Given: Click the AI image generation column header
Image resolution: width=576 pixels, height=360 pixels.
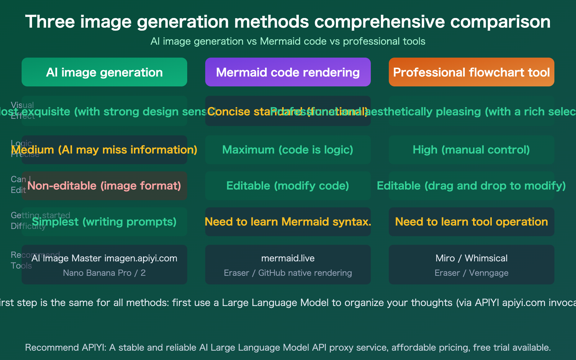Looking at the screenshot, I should coord(104,72).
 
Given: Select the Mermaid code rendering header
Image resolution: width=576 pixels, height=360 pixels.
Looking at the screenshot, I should coord(288,72).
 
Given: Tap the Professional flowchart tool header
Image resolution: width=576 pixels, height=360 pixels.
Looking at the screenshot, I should coord(471,72).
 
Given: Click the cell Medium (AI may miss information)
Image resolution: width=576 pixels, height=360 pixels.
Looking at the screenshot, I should coord(104,150).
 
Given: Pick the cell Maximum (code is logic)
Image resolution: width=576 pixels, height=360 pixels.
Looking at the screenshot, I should coord(288,150).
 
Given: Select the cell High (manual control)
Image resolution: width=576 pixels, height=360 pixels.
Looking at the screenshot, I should coord(471,150).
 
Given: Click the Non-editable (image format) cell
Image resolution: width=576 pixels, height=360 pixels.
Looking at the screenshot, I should coord(104,186).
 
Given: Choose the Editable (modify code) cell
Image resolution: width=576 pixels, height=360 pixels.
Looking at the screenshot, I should coord(288,186).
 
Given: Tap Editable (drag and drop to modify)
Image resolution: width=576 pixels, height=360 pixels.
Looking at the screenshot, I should coord(471,186).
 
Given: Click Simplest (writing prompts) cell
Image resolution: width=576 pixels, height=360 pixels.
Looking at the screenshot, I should coord(104,222).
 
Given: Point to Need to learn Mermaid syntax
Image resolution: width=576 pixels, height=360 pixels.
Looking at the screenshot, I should coord(288,222).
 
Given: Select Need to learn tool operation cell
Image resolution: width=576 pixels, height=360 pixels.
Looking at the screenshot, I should coord(471,222).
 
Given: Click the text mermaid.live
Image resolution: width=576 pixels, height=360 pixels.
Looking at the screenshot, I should coord(288,258).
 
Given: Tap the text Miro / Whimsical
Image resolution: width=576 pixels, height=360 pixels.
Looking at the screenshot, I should coord(471,258).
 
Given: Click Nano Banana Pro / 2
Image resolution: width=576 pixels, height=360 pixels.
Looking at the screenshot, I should coord(104,273).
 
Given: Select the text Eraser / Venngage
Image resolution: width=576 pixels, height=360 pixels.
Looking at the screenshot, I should coord(471,273).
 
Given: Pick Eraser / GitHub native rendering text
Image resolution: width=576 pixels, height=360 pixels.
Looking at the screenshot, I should coord(288,273).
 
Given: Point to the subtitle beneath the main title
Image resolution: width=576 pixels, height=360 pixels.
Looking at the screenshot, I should coord(288,41).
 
